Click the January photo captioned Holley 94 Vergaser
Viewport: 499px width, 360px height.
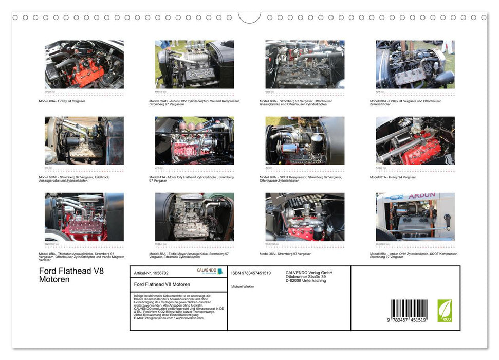tap(84, 65)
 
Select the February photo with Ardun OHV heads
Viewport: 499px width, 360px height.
tap(194, 65)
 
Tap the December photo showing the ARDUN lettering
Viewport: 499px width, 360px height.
tap(415, 217)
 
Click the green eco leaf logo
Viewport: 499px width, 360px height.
tap(445, 311)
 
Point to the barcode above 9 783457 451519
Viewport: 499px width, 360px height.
tap(409, 310)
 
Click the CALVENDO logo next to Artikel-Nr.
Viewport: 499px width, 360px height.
tap(210, 271)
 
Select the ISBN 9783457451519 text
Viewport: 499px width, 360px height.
tap(251, 273)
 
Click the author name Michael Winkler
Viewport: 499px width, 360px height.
tap(243, 286)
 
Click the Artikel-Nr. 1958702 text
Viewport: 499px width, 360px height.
tap(151, 273)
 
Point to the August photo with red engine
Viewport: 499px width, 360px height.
tap(415, 141)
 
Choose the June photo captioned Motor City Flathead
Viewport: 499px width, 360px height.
tap(194, 141)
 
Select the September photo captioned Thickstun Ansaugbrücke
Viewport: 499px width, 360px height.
tap(84, 217)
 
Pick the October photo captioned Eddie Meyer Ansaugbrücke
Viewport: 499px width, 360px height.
tap(194, 217)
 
